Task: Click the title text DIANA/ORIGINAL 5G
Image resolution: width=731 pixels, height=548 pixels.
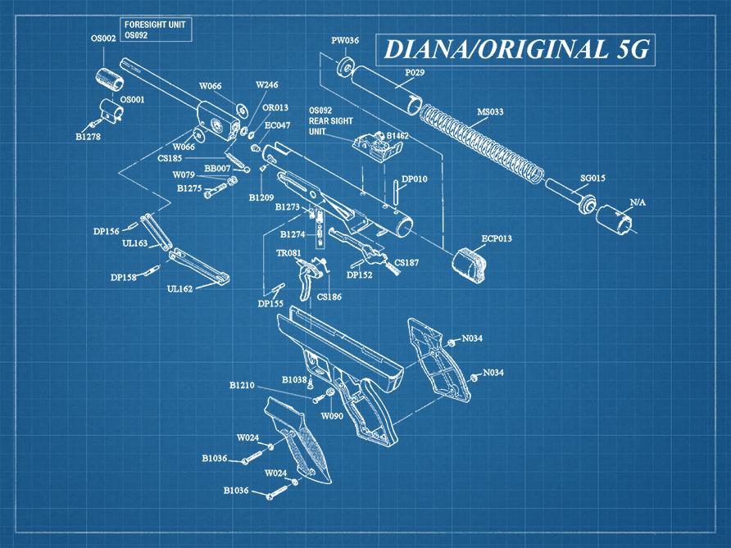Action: click(516, 50)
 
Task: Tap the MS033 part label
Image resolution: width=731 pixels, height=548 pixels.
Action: click(490, 111)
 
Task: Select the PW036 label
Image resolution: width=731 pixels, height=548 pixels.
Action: click(345, 40)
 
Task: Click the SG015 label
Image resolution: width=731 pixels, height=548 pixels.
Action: click(593, 178)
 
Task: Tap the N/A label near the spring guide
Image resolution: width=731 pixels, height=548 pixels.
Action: click(637, 202)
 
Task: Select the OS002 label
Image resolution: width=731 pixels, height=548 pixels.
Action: click(102, 38)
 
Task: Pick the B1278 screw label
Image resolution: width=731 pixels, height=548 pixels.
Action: click(88, 137)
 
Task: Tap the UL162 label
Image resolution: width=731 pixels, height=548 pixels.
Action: click(179, 288)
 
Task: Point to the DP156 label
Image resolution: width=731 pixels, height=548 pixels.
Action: click(106, 231)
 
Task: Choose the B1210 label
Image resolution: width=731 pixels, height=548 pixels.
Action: click(242, 384)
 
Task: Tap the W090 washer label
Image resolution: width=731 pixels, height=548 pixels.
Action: click(332, 416)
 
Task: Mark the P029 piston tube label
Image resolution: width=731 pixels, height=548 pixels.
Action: click(415, 73)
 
